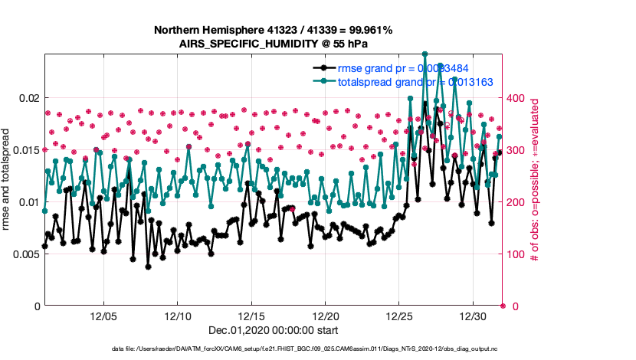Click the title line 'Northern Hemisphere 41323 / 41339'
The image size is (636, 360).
click(x=274, y=31)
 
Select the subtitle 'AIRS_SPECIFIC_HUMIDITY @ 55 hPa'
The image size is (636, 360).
click(x=274, y=44)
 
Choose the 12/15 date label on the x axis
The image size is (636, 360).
click(x=251, y=316)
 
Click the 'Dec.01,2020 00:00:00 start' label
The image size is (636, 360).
click(x=274, y=330)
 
